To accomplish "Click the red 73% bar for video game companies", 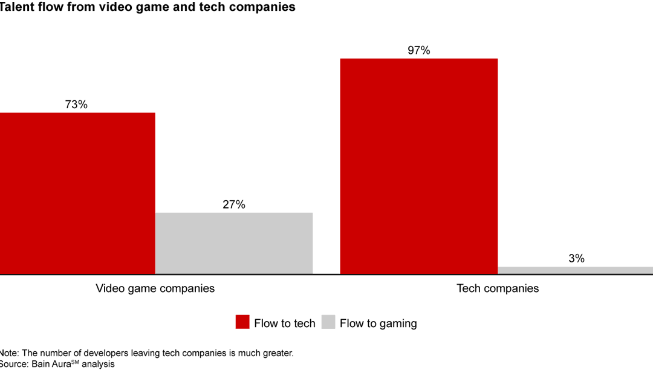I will (x=77, y=193).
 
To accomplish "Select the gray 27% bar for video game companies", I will (x=234, y=243).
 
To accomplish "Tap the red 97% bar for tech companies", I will (x=418, y=166).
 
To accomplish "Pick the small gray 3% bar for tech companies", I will (x=575, y=270).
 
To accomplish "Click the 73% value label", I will (x=76, y=105).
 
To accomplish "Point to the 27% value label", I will (x=234, y=205).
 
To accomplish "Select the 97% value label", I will (x=418, y=51).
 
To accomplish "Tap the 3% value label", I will (x=576, y=259).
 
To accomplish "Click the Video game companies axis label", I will (x=155, y=288).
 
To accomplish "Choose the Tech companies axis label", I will (x=498, y=288).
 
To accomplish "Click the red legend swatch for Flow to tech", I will (x=242, y=323).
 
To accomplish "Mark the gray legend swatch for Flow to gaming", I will (x=328, y=323).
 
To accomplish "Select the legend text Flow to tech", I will (x=285, y=323).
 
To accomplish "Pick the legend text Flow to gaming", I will (x=378, y=323).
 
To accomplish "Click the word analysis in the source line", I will (x=97, y=364).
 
